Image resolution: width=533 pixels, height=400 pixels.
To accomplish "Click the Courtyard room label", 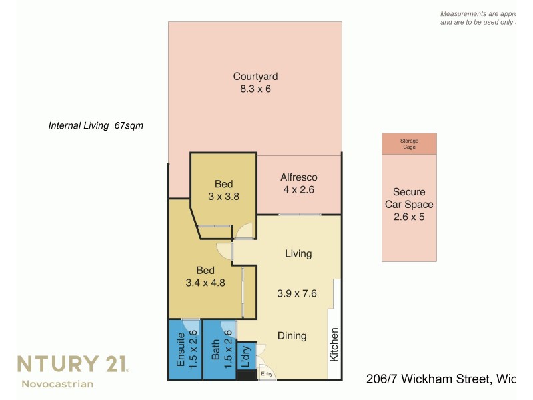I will [x=255, y=76].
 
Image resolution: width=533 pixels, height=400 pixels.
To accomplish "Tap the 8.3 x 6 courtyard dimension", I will [x=255, y=89].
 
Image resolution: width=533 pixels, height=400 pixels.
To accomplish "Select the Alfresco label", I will [x=298, y=177].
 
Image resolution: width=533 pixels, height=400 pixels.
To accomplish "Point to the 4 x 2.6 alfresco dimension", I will [x=298, y=190].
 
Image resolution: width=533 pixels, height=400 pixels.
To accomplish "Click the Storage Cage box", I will [x=409, y=143].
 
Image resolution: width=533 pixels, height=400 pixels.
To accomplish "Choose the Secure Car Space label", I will [x=409, y=199].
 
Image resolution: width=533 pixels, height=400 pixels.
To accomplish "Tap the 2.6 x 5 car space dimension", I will [x=409, y=217].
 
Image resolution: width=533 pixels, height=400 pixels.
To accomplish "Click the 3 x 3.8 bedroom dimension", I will [x=223, y=197].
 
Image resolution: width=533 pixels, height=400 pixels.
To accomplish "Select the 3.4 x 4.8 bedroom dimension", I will [x=205, y=283].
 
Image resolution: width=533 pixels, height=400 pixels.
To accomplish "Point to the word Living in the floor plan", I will [x=298, y=254].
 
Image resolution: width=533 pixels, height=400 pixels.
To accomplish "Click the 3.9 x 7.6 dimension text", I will [x=296, y=293].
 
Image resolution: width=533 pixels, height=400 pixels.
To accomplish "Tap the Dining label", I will [x=292, y=336].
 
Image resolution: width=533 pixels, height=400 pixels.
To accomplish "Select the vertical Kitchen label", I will [x=334, y=344].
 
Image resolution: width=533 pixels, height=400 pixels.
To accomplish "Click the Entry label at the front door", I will [x=267, y=374].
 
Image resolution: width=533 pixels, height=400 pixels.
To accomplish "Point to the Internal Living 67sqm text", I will [x=96, y=125].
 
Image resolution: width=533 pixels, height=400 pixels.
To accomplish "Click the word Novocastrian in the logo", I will [x=57, y=384].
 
